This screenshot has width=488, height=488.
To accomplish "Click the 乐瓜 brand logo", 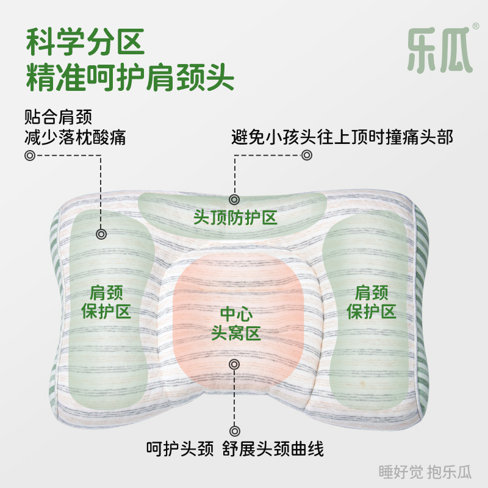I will pos(440,48).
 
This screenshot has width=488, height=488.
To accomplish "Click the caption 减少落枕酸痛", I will pos(75,137).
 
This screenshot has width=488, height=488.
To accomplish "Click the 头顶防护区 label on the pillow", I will pos(235,217).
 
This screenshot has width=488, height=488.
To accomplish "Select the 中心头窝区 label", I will pos(235,324).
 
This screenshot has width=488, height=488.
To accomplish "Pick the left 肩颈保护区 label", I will pos(107,301).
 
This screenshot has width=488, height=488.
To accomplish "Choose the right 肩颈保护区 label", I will pos(371,301).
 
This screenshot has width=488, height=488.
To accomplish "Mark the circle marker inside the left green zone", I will pos(101,234).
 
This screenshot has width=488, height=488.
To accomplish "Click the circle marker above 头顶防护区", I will pos(234,199).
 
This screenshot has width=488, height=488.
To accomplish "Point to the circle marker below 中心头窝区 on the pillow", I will pos(234,364).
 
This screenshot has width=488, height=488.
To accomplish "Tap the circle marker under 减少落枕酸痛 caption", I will pos(29,155).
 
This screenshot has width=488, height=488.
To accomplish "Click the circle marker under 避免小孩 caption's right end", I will pos(306,155).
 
